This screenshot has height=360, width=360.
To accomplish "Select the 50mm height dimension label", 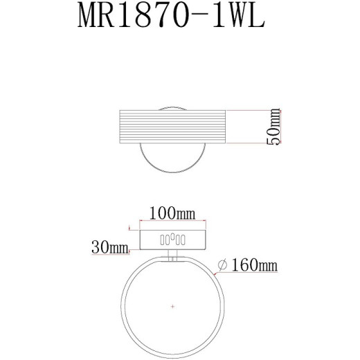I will (x=276, y=127).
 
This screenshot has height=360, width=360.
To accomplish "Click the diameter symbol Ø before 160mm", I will (x=223, y=265).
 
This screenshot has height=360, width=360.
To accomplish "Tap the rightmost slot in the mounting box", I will (x=183, y=240).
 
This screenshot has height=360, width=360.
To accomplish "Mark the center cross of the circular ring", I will (x=173, y=305).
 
